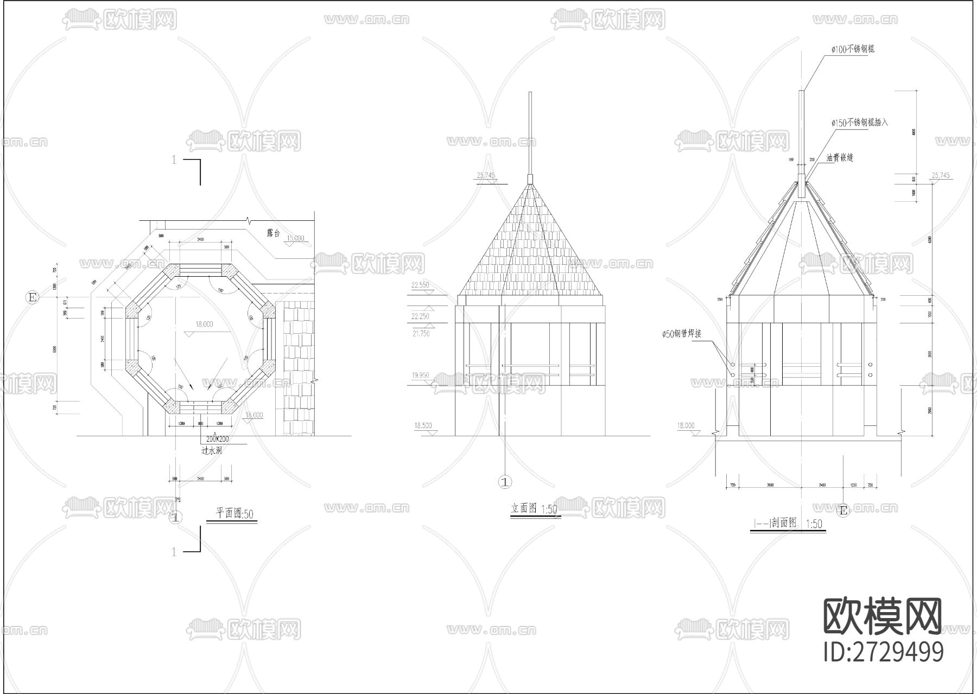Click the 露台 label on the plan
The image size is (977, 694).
(273, 233)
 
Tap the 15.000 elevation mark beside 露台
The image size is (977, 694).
(295, 238)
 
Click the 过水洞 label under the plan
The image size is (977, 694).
(211, 450)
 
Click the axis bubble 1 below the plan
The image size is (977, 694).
(175, 517)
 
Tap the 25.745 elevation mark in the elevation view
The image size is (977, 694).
(486, 176)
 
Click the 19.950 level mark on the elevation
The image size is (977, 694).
(421, 375)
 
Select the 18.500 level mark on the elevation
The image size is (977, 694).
(422, 426)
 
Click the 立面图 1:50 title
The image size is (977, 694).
(534, 509)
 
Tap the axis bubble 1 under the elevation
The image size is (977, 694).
(505, 481)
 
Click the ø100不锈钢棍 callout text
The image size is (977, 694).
(853, 49)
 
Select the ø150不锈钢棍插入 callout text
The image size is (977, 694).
(859, 123)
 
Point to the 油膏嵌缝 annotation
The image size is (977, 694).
(840, 158)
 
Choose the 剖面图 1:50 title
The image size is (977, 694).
(788, 523)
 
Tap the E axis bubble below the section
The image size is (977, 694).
(843, 511)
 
